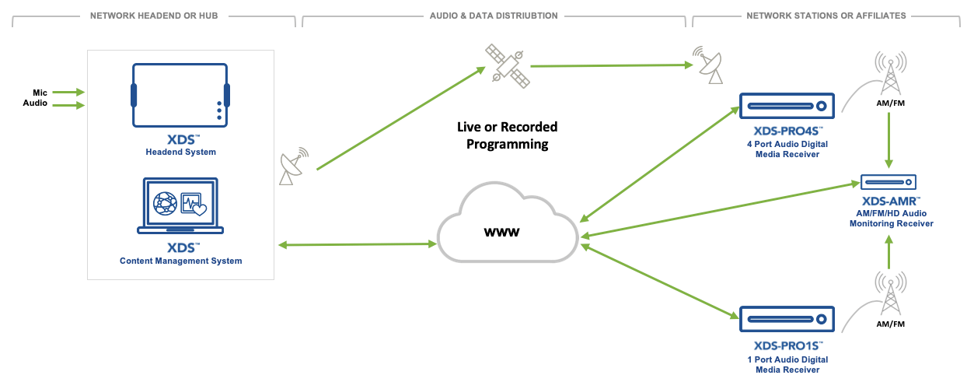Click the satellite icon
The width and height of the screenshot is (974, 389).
pos(507,65)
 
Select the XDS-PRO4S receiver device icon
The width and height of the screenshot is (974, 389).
pos(785,106)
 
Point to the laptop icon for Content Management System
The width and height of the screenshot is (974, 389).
pos(180,206)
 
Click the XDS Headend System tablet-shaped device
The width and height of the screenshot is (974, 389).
pos(180,94)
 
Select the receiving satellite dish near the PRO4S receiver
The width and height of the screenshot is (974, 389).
pos(708,66)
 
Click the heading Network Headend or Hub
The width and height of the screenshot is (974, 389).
pos(153,16)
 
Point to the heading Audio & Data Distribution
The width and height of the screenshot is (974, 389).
pos(493,16)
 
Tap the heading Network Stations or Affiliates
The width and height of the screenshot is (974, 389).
pos(826,16)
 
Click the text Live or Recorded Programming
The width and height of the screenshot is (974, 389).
pos(507,135)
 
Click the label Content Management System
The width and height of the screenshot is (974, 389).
pos(180,261)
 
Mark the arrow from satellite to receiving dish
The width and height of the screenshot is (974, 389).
pos(610,65)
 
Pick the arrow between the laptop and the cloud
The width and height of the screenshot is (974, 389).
pos(358,245)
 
